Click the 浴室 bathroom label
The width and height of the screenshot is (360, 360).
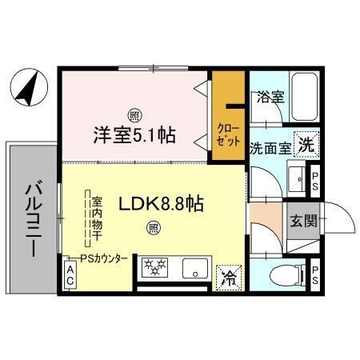tap(270, 98)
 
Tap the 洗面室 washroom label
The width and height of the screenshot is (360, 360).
tap(270, 147)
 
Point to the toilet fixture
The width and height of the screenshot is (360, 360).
tap(282, 276)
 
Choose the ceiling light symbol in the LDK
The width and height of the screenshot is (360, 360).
tap(152, 230)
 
